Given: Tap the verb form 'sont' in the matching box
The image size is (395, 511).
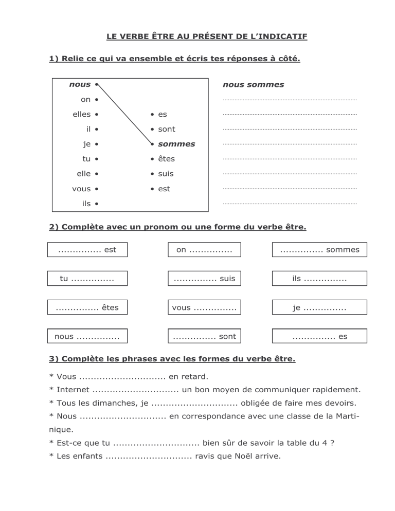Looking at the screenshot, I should [x=167, y=129].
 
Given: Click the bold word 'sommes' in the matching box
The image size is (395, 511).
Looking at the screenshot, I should [x=176, y=144].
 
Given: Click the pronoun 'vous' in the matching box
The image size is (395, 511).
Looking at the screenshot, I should [x=81, y=189].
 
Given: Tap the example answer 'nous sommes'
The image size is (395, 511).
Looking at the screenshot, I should [x=253, y=84].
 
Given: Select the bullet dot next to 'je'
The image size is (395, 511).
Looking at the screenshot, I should [x=97, y=144].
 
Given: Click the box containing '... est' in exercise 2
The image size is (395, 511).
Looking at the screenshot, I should [x=87, y=250].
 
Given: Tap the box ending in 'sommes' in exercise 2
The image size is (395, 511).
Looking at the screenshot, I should [x=319, y=250].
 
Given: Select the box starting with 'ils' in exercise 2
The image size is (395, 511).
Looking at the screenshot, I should [x=319, y=279].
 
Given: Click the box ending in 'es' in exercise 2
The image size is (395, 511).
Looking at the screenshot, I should [x=319, y=337].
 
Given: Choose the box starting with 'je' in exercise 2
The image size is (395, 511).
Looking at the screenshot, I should [x=319, y=307].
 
